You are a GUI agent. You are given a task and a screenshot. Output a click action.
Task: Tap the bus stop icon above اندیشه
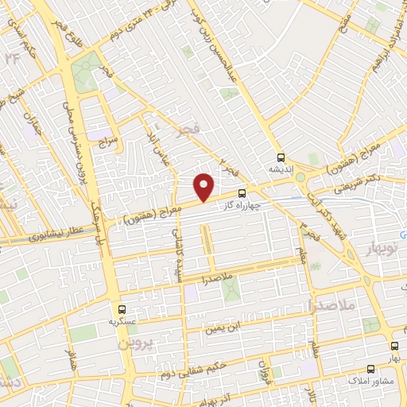tap(279, 157)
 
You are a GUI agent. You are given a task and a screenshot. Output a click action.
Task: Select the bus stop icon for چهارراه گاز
tap(242, 192)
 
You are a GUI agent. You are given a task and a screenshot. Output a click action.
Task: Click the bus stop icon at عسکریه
tap(122, 308)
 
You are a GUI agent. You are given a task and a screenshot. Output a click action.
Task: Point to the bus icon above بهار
tap(395, 346)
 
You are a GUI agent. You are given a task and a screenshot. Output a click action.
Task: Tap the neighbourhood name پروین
tap(134, 346)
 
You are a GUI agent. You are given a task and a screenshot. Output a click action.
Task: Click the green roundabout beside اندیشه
tap(300, 177)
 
